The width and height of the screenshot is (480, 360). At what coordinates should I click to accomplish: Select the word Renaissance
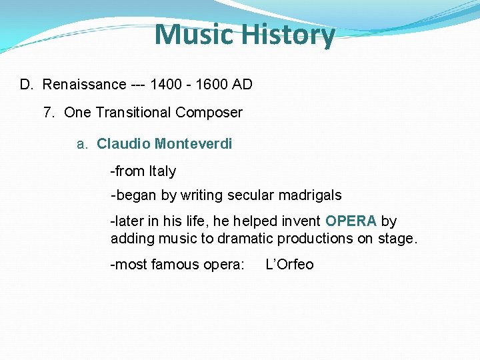[84, 85]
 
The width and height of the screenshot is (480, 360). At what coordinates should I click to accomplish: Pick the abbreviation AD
[243, 85]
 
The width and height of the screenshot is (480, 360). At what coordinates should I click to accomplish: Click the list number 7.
[48, 113]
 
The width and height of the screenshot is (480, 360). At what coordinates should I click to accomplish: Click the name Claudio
[123, 144]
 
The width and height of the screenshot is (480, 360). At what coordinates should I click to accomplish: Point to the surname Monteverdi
[193, 144]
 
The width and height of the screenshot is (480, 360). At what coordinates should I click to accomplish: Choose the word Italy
[163, 171]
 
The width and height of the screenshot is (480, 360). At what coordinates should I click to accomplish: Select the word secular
[251, 196]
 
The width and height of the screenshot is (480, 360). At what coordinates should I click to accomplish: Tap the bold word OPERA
[351, 221]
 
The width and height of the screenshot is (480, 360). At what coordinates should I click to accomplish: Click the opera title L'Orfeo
[289, 265]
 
